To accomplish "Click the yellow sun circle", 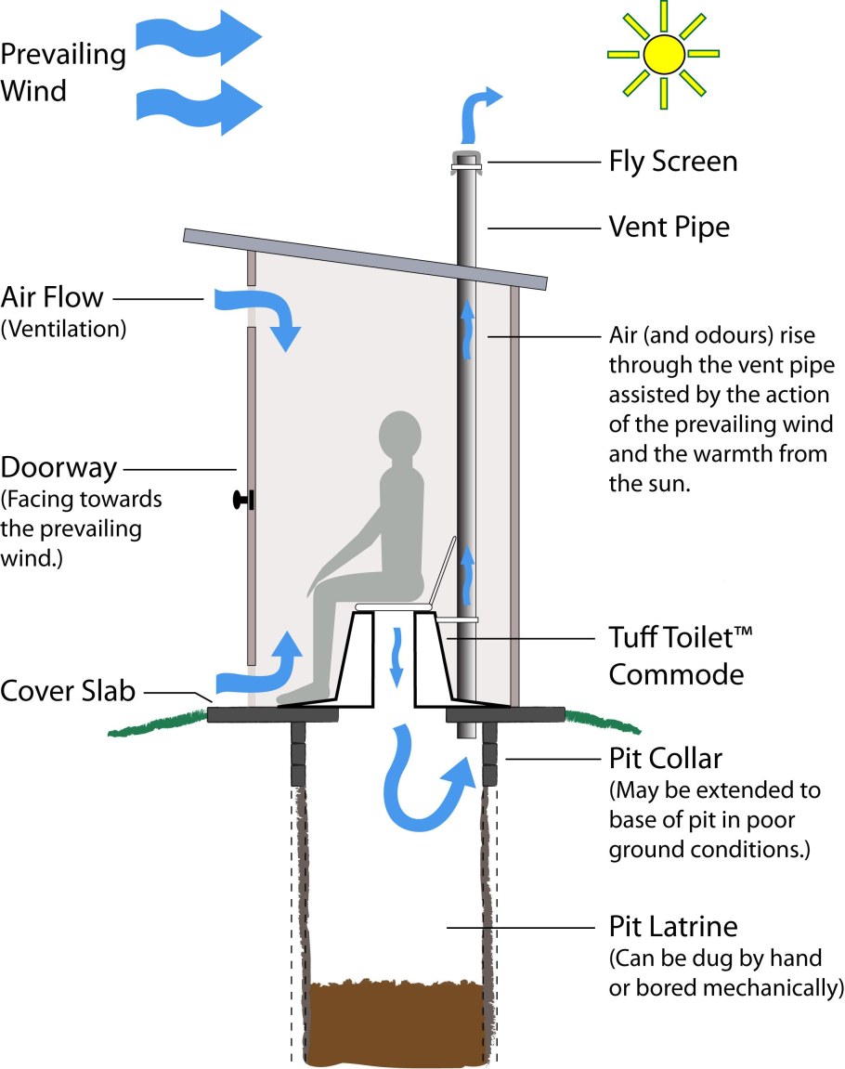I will coord(662,53).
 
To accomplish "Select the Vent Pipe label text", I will coord(669,227).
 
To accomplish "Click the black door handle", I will coord(243,501).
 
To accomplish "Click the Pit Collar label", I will coord(665,759).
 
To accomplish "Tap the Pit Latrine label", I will coord(672,926).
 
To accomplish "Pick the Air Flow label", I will coord(52,299).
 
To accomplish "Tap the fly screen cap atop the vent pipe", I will coord(466,160).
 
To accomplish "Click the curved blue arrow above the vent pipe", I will coord(479,110).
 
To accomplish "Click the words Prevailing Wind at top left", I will coord(62,72).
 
